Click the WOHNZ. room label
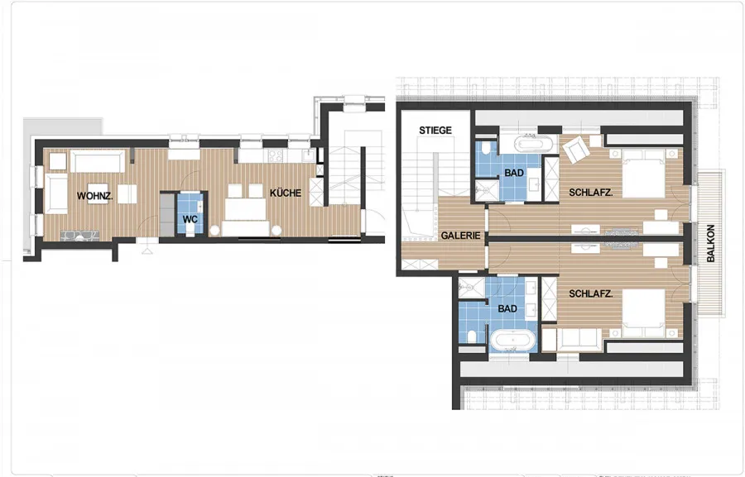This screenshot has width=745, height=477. (95, 196)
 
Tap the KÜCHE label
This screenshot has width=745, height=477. (286, 193)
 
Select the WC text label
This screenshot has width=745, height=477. (190, 220)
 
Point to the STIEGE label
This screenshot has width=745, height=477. (435, 130)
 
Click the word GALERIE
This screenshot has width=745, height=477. (460, 236)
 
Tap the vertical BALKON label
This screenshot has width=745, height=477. (711, 243)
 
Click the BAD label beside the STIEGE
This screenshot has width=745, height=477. (514, 173)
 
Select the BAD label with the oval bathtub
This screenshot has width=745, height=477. (507, 308)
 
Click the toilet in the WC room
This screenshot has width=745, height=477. (190, 230)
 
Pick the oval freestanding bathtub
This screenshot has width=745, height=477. (513, 340)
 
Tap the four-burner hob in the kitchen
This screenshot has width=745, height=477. (276, 155)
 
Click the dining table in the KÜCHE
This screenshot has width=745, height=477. (245, 209)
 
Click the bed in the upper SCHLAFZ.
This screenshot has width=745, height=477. (644, 173)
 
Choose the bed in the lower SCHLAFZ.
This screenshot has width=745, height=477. (644, 312)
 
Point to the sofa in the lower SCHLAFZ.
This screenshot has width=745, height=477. (579, 339)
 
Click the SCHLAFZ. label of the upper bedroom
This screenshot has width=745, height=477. (590, 193)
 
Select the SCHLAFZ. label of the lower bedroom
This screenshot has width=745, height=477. (590, 293)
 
